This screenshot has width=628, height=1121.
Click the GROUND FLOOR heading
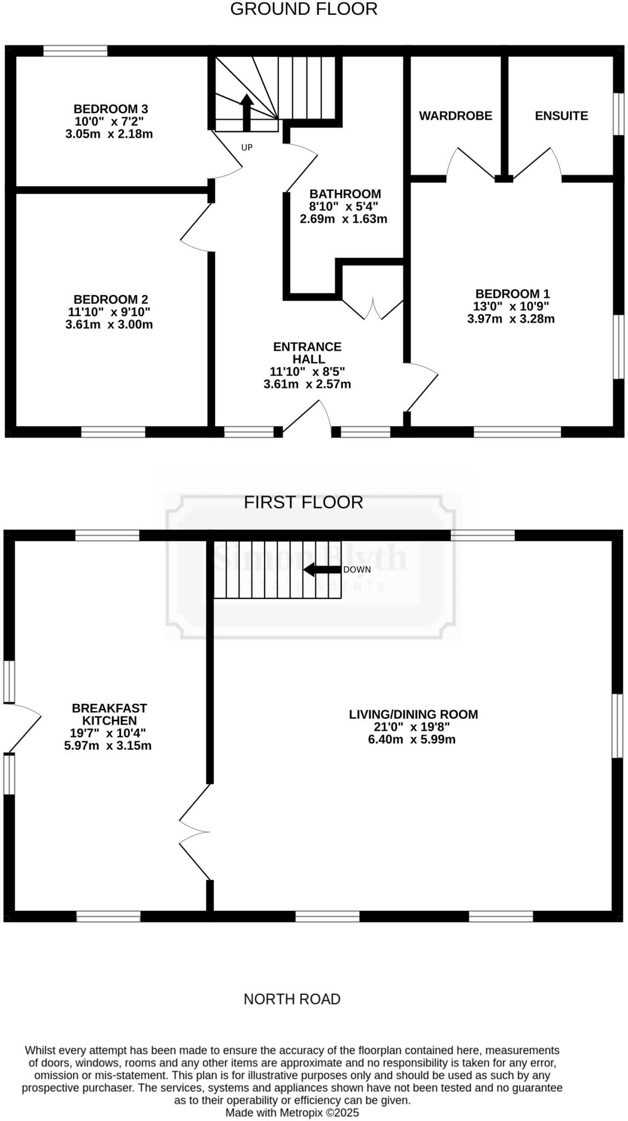click(303, 9)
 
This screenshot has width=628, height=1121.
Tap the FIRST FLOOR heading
click(303, 502)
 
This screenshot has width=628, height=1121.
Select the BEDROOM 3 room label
click(111, 109)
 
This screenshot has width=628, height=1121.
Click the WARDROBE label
click(456, 116)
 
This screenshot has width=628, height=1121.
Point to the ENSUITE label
click(561, 116)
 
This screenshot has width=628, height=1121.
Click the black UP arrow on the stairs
click(247, 112)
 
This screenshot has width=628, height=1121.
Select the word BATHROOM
click(345, 194)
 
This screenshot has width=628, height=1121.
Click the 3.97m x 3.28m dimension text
click(510, 319)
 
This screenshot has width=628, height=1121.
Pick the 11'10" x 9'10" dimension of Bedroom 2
click(110, 312)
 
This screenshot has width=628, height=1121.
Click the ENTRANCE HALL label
click(307, 353)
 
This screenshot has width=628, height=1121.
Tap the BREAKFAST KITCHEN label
click(110, 714)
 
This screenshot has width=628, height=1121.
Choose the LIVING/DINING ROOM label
click(413, 714)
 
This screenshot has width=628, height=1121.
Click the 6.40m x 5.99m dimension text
click(412, 739)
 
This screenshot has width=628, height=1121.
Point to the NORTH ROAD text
click(292, 999)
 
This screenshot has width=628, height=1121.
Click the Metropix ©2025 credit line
click(292, 1113)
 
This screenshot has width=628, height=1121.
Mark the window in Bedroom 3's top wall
click(76, 51)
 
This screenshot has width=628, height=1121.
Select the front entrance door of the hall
click(307, 419)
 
